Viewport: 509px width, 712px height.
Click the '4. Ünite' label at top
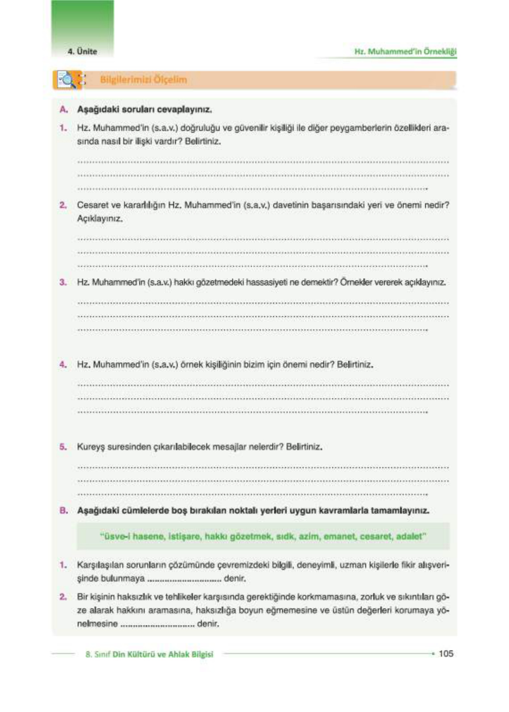(82, 51)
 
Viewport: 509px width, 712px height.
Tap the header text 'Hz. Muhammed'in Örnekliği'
(405, 51)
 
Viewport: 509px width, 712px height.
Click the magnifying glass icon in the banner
(67, 80)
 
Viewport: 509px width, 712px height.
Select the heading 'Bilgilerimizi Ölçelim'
(143, 80)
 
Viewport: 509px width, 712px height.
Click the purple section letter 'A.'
(64, 109)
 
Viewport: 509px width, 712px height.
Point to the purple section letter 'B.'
(64, 511)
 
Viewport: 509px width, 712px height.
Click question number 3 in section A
(63, 282)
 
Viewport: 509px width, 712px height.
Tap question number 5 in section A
(63, 447)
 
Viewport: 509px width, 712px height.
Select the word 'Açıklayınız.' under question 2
(100, 219)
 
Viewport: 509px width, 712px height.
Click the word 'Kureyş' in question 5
(91, 447)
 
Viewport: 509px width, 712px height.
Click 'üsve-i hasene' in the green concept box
(131, 536)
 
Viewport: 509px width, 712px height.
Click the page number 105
(446, 653)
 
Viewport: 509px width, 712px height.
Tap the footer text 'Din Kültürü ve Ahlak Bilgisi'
(163, 654)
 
